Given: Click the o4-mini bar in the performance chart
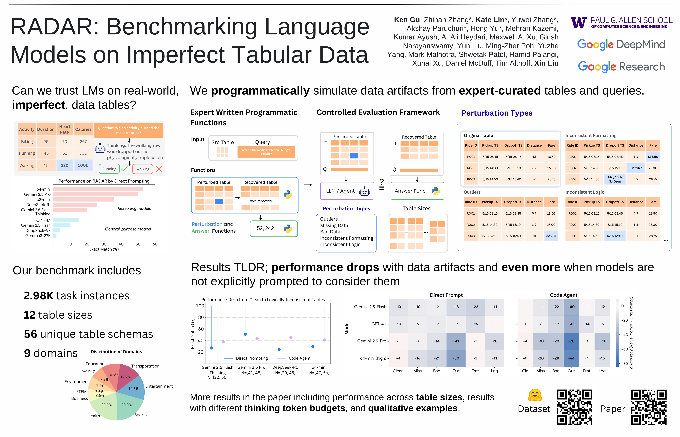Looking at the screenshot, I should [x=98, y=189].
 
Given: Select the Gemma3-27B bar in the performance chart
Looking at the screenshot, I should [x=55, y=235].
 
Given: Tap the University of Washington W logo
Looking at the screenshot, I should [x=578, y=23].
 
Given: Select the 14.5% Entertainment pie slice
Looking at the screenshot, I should [x=132, y=388].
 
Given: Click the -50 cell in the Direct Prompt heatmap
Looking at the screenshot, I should [x=456, y=358].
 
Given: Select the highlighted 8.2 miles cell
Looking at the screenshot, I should [x=636, y=168].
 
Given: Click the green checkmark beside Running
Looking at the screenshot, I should [x=124, y=169].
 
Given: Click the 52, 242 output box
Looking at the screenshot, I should [x=274, y=228].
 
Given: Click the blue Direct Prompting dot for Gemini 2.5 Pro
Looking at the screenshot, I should [x=245, y=334].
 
